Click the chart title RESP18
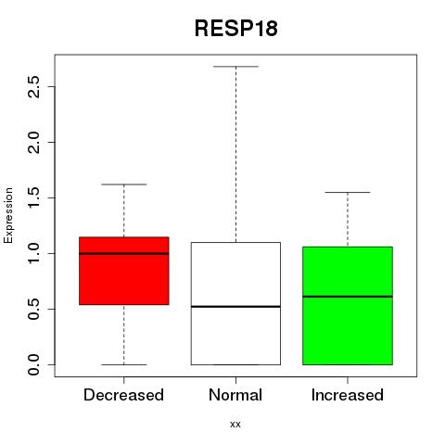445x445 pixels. point(235,29)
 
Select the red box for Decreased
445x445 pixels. point(124,271)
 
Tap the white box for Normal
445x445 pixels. point(235,303)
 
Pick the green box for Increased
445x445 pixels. point(348,306)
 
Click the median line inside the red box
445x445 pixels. point(124,253)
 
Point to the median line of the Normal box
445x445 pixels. point(235,307)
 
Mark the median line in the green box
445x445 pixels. point(348,297)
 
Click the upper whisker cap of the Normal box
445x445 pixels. point(235,66)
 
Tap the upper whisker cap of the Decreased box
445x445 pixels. point(124,184)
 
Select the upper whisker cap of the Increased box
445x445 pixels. point(348,192)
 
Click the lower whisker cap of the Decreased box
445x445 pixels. point(124,364)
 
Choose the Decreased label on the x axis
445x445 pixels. point(123,395)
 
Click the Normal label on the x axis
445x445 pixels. point(235,395)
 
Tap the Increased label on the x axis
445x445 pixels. point(348,395)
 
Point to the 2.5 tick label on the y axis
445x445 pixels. point(33,86)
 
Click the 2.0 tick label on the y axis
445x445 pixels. point(33,142)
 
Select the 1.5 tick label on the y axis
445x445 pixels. point(33,197)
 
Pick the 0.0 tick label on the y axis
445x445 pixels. point(33,364)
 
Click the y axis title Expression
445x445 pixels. point(8,215)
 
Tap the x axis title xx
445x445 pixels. point(235,425)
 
